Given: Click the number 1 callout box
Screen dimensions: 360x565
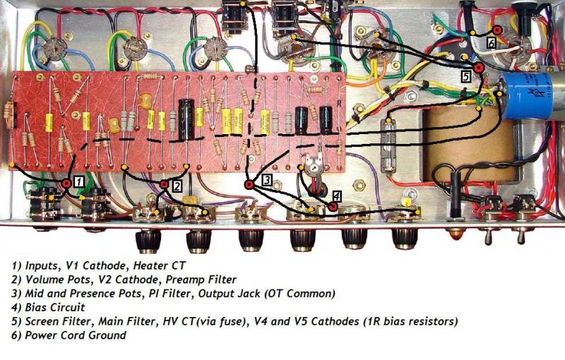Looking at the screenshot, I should pos(80,181).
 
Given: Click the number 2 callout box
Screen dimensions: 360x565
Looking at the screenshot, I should pos(177,186).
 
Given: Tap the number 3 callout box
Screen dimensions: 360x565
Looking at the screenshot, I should pos(266,180).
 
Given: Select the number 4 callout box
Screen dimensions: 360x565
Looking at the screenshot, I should pos(337,197).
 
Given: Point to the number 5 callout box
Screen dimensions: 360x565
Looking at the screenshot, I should pos(465,75).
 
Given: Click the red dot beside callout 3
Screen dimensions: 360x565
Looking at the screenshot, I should pos(249,185).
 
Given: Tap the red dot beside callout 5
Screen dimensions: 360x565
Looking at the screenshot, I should pos(478,68).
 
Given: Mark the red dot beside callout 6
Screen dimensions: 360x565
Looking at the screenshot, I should pos(497,30).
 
